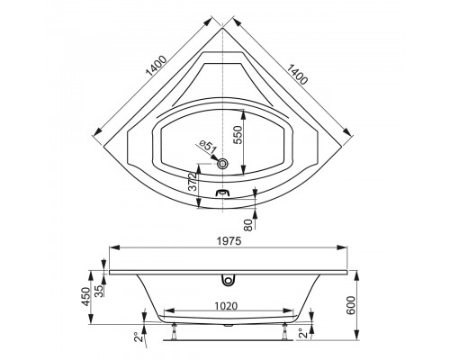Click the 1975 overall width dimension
228,239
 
